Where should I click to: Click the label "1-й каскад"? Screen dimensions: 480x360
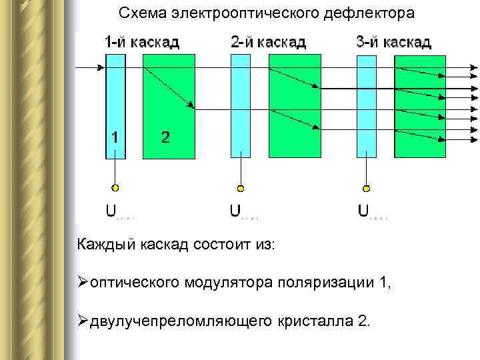click(142, 43)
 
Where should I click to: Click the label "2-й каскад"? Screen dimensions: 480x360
click(268, 43)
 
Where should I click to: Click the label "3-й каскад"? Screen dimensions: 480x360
click(393, 43)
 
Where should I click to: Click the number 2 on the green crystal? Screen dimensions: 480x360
click(165, 138)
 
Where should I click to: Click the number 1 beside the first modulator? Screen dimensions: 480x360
click(116, 138)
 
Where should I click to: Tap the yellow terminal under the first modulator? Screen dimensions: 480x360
click(115, 187)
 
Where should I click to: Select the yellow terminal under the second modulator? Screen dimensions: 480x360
click(241, 188)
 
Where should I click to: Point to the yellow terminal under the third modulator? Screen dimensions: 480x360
click(366, 188)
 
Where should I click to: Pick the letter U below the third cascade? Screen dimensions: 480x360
click(363, 211)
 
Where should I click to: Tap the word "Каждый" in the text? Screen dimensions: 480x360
click(107, 245)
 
